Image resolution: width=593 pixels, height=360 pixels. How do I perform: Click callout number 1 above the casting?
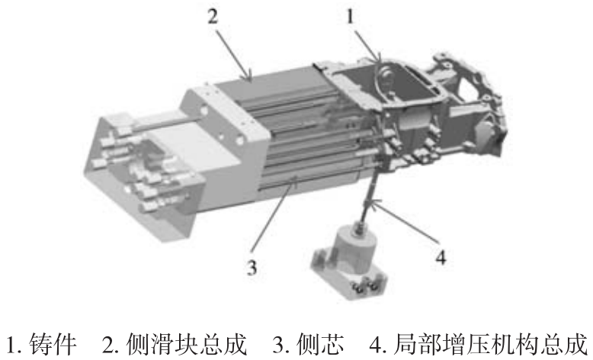pos(350,17)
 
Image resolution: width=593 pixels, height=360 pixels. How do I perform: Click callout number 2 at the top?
pos(213,17)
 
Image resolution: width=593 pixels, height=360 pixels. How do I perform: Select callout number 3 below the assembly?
pos(252,267)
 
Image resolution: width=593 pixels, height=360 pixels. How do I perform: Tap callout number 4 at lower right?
pos(441,257)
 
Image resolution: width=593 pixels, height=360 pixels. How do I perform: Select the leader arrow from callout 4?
pos(404,222)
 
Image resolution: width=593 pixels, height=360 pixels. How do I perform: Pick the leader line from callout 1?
pos(367,43)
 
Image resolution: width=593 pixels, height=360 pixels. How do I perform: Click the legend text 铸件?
pos(52,345)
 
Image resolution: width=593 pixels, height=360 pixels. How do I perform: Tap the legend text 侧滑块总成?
pos(185,345)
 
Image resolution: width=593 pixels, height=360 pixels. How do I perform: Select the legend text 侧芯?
pos(320,345)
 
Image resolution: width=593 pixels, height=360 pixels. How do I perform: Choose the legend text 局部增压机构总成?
pos(490,345)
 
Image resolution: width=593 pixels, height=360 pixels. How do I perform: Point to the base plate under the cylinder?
pos(348,275)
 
